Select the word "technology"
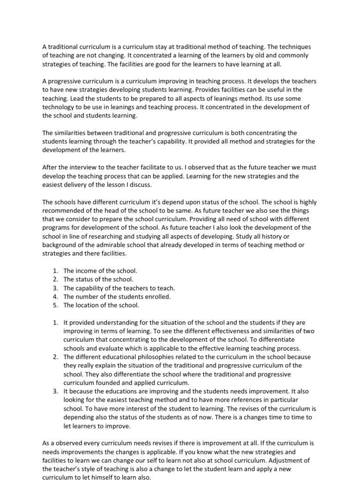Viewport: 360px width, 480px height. pos(60,107)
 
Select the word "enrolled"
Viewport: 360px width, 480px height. pos(157,296)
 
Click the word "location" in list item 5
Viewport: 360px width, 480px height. pos(88,305)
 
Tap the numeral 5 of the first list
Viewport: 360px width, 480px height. pos(55,305)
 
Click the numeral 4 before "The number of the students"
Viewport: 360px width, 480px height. pos(55,296)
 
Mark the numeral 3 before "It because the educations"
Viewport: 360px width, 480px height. pos(55,391)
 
